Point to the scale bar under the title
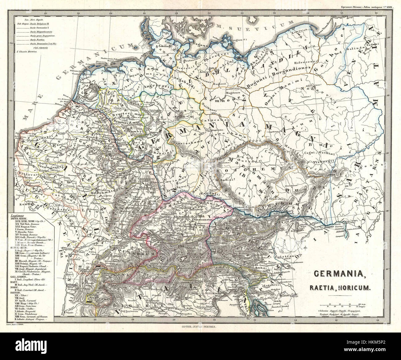pyautogui.click(x=341, y=305)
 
